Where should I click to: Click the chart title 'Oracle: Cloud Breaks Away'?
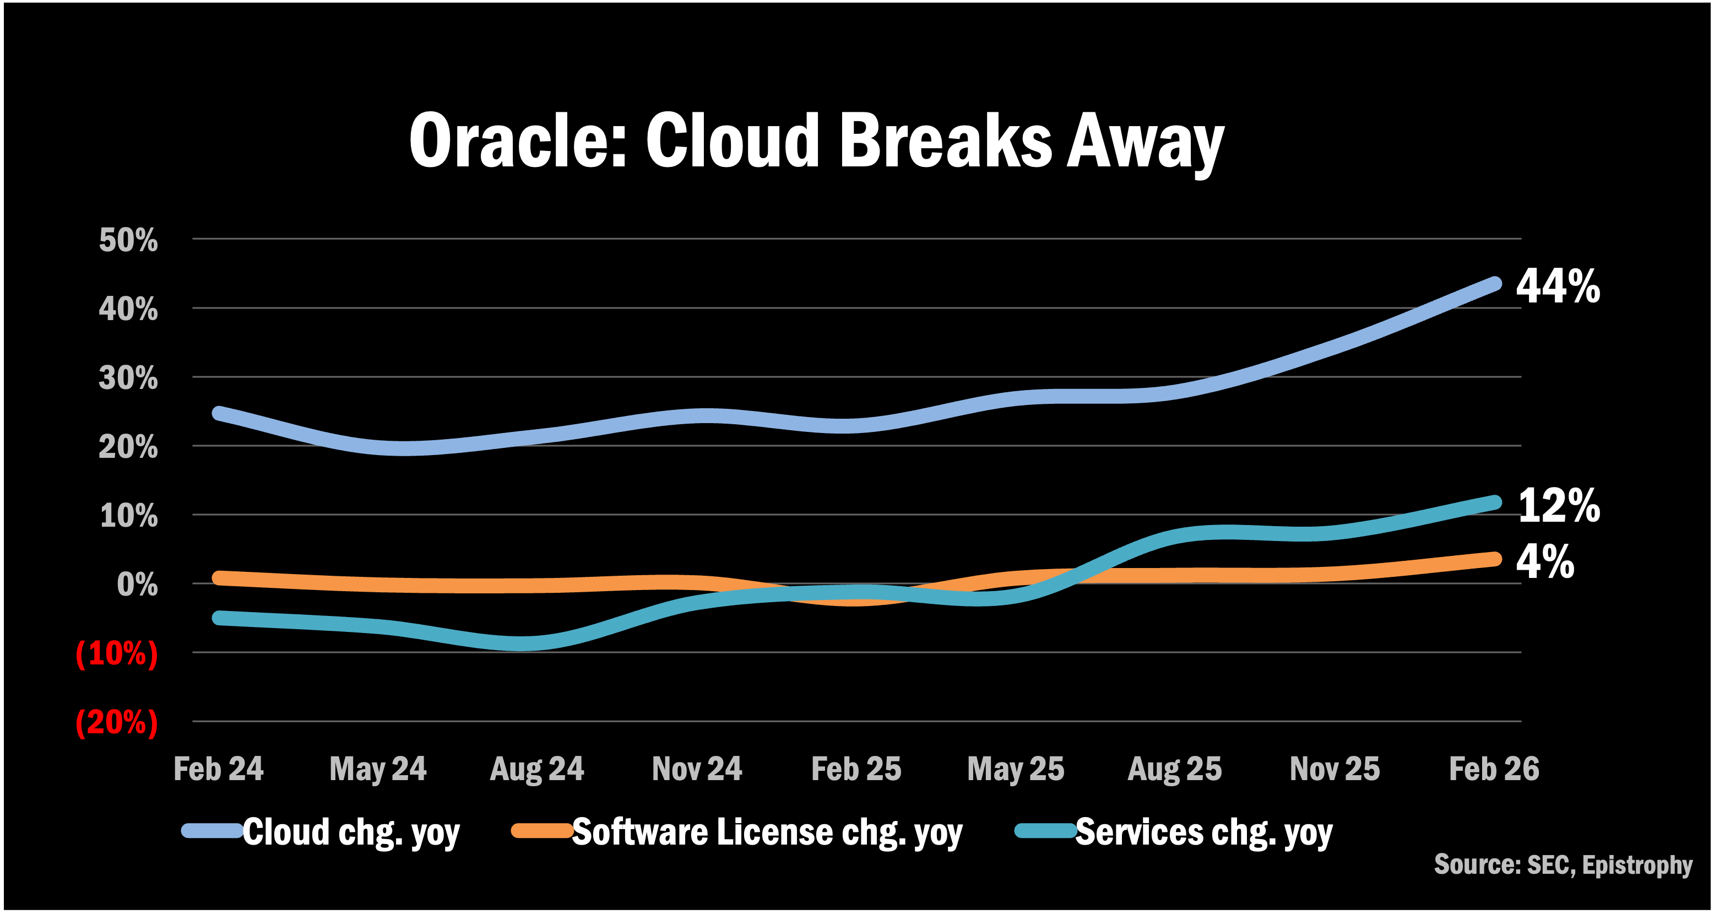[816, 141]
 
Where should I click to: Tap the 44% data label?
[1558, 287]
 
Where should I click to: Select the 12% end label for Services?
[1558, 505]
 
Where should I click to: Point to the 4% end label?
[1545, 562]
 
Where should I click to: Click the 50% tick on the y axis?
[128, 240]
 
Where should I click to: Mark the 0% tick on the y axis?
[137, 585]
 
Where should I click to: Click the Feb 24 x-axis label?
[218, 769]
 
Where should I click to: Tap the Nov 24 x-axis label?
[697, 769]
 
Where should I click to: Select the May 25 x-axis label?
[1016, 769]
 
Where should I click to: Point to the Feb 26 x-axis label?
[1494, 769]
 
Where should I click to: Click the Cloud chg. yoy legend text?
[351, 832]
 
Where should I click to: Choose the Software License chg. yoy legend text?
[767, 832]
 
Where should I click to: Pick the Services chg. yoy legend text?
[1203, 832]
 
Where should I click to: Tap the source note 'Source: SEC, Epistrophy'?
[1563, 865]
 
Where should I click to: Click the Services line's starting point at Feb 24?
[220, 618]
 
